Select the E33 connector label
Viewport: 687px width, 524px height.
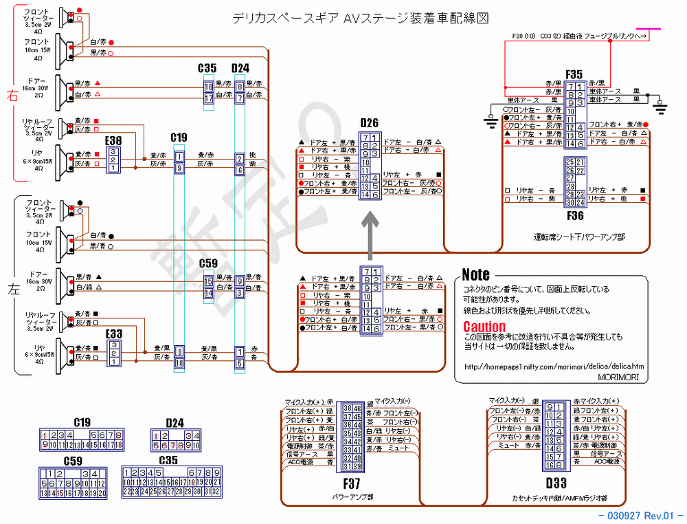(113, 334)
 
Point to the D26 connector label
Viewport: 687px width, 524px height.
(370, 123)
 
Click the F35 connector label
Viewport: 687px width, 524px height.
(574, 74)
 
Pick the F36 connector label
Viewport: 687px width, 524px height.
(575, 216)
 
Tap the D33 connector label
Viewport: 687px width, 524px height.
(555, 483)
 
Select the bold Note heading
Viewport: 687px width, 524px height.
(475, 275)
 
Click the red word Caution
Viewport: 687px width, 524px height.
(484, 327)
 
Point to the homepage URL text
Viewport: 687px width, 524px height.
(554, 366)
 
